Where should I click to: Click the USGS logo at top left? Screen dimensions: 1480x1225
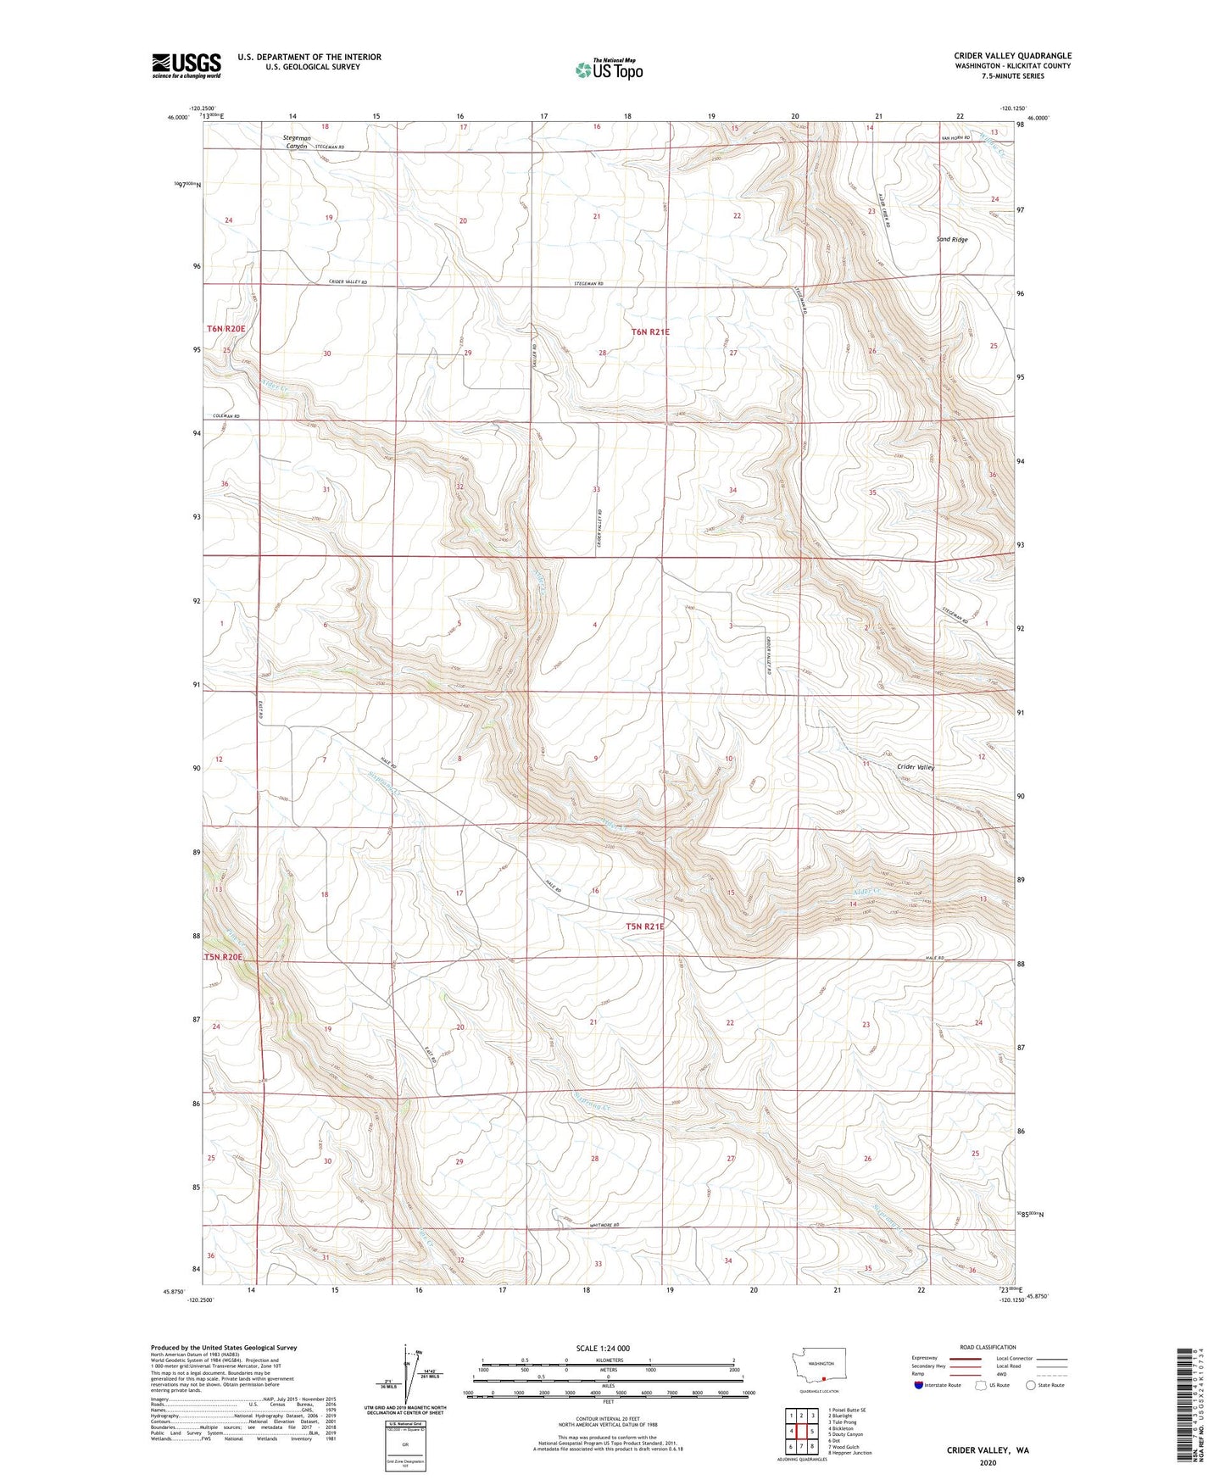coord(187,65)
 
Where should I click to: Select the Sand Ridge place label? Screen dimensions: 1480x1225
coord(951,240)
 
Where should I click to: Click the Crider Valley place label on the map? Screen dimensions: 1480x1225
coord(916,766)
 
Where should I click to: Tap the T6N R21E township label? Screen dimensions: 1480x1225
coord(650,332)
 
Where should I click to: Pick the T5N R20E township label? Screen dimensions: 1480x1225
coord(224,957)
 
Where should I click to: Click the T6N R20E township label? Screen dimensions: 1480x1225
coord(226,329)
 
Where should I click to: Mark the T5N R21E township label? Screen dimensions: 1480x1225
coord(644,926)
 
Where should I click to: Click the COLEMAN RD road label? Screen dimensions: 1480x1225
coord(226,416)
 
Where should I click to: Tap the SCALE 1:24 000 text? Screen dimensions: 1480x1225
coord(602,1349)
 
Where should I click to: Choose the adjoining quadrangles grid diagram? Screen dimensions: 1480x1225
coord(800,1430)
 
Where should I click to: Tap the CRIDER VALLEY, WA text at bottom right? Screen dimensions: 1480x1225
coord(988,1450)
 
